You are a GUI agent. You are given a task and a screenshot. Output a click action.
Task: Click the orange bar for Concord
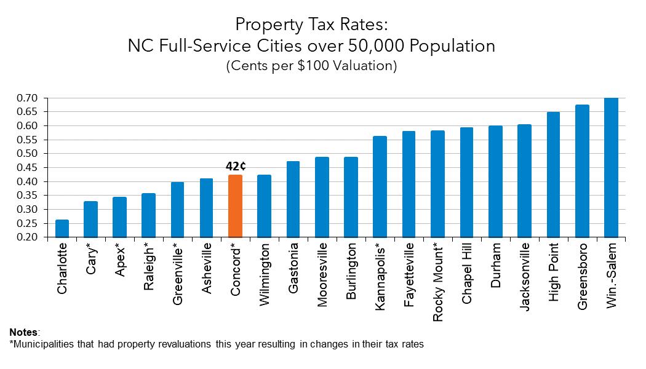[x=235, y=206]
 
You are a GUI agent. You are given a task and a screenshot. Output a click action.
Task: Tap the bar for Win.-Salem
[x=611, y=167]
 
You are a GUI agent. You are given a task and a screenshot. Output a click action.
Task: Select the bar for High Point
[x=553, y=175]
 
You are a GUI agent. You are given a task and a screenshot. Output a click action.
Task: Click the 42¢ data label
[x=236, y=167]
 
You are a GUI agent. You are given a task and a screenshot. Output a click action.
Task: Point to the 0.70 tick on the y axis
[x=28, y=98]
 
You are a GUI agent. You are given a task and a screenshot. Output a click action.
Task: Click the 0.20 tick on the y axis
[x=28, y=237]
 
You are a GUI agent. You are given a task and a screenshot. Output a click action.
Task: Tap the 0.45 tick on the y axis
[x=28, y=168]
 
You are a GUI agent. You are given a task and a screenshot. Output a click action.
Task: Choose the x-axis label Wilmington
[x=265, y=274]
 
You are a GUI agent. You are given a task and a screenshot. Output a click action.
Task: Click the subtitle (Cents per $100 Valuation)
[x=311, y=66]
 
